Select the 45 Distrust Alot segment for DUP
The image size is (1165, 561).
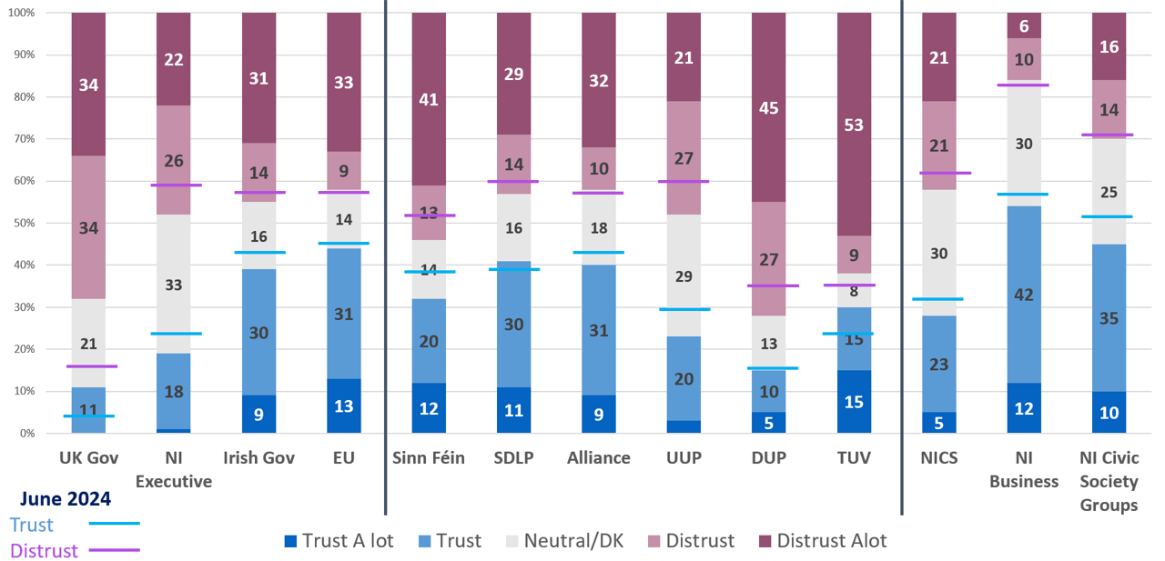tap(769, 107)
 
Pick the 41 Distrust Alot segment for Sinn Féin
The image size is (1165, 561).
tap(429, 99)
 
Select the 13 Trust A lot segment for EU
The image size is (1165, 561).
tap(344, 406)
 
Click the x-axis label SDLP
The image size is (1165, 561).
tap(513, 458)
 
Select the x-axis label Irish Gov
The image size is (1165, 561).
tap(258, 458)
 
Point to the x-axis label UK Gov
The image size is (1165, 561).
tap(88, 458)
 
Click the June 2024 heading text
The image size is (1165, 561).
tap(66, 499)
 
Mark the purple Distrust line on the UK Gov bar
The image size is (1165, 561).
tap(88, 366)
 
